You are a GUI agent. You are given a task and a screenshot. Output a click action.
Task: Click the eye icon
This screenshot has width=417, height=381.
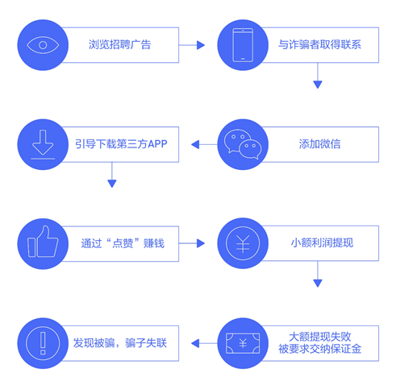[x=43, y=45]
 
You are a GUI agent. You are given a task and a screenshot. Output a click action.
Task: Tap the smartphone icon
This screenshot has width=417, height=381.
[x=243, y=45]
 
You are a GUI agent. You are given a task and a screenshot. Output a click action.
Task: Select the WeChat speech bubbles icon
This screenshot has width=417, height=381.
[x=243, y=144]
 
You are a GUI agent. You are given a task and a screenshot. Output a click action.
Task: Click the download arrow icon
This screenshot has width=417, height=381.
[x=43, y=144]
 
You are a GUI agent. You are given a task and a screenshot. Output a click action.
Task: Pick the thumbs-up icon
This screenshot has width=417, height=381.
[x=43, y=242]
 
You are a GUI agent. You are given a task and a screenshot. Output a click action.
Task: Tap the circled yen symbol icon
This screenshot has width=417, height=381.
[x=243, y=243]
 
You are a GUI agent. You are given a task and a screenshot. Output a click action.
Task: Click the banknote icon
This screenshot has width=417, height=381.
[x=243, y=343]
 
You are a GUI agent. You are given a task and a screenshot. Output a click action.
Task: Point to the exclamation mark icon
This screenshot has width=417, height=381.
[x=43, y=343]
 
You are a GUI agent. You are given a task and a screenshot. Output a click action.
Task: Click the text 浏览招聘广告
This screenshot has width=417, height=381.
[x=120, y=44]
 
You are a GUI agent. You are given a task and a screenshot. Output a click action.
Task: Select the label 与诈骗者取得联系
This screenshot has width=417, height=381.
[x=319, y=44]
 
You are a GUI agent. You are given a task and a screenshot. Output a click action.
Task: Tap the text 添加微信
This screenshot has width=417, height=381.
[x=319, y=144]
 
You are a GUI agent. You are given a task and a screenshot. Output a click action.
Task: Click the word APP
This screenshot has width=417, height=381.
[x=157, y=144]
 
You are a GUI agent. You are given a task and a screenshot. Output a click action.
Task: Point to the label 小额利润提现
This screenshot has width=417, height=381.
[x=322, y=243]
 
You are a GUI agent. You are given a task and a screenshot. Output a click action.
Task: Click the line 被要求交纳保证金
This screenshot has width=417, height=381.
[x=319, y=349]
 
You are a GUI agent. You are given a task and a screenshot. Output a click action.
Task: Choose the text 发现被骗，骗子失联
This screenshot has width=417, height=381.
[x=120, y=343]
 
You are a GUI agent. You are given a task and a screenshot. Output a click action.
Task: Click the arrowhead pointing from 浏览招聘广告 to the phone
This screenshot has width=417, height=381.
[x=201, y=45]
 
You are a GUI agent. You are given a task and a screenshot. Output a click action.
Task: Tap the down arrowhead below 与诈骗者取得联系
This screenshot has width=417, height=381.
[x=318, y=85]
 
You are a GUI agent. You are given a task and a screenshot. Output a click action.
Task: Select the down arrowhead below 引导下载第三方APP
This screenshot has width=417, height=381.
[x=112, y=184]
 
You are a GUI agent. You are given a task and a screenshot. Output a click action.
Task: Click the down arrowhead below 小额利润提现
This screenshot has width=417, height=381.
[x=318, y=284]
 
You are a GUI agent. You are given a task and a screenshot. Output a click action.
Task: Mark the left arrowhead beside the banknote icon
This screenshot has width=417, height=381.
[x=195, y=343]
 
